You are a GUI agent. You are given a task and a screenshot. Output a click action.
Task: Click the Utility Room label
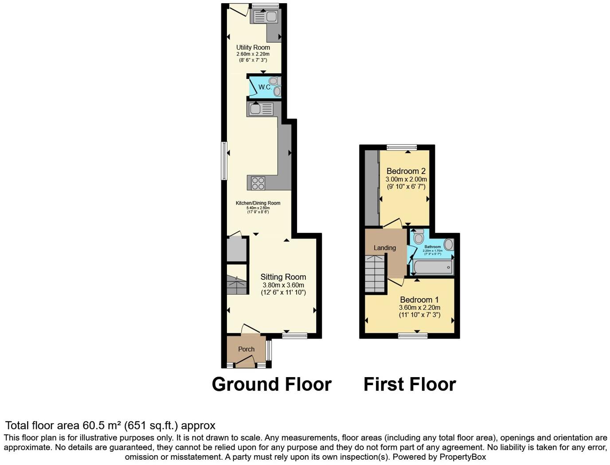[253, 47]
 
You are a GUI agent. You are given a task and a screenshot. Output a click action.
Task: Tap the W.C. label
[265, 87]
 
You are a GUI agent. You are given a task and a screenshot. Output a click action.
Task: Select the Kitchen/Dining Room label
[258, 203]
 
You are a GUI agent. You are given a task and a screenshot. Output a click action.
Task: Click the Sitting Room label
[283, 277]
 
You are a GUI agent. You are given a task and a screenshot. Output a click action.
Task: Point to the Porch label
[246, 349]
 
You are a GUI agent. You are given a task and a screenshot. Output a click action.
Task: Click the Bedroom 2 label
[406, 171]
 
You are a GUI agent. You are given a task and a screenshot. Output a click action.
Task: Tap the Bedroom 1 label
[419, 299]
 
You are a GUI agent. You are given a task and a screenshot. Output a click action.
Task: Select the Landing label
[384, 248]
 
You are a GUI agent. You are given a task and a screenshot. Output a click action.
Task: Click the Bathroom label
[432, 247]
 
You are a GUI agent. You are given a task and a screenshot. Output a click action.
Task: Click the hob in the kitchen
[258, 182]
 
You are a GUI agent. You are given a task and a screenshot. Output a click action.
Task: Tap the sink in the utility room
[265, 17]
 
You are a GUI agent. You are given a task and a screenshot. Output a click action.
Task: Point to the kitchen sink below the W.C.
[261, 109]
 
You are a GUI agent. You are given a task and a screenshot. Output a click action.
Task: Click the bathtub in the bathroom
[433, 268]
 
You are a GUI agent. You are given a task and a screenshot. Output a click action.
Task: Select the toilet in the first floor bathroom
[418, 236]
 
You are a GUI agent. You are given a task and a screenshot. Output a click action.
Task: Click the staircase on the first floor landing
[375, 274]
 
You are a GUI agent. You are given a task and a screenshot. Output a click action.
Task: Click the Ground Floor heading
[271, 384]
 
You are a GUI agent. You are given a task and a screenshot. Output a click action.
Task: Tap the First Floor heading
[410, 384]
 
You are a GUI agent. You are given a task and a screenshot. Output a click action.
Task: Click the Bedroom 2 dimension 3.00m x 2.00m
[406, 179]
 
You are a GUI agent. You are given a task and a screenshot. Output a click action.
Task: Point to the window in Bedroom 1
[413, 335]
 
